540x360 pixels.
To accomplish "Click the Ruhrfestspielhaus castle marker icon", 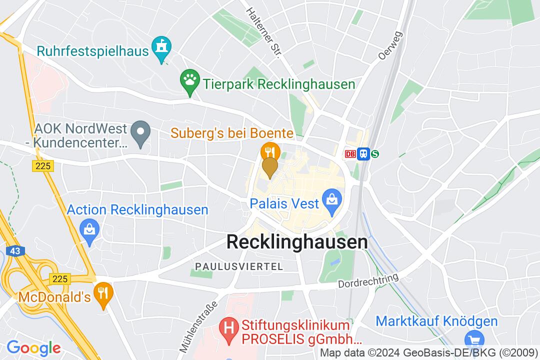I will tap(161, 48).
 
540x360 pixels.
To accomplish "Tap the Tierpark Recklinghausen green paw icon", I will tap(189, 80).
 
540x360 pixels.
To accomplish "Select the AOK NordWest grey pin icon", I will tap(140, 133).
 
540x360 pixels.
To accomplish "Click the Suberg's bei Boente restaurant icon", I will tap(270, 150).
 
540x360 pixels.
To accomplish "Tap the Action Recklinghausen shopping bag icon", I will tap(90, 230).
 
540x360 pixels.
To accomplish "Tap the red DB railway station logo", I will tap(350, 154).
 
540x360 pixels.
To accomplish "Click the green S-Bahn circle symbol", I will tap(374, 154).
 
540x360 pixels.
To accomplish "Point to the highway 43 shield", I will tap(15, 251).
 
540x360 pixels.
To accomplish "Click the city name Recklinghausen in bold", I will tap(297, 242).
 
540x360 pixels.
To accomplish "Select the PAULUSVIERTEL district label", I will tap(239, 266).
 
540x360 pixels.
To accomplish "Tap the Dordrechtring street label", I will tap(368, 280).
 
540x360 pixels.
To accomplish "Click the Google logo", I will tap(33, 347).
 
